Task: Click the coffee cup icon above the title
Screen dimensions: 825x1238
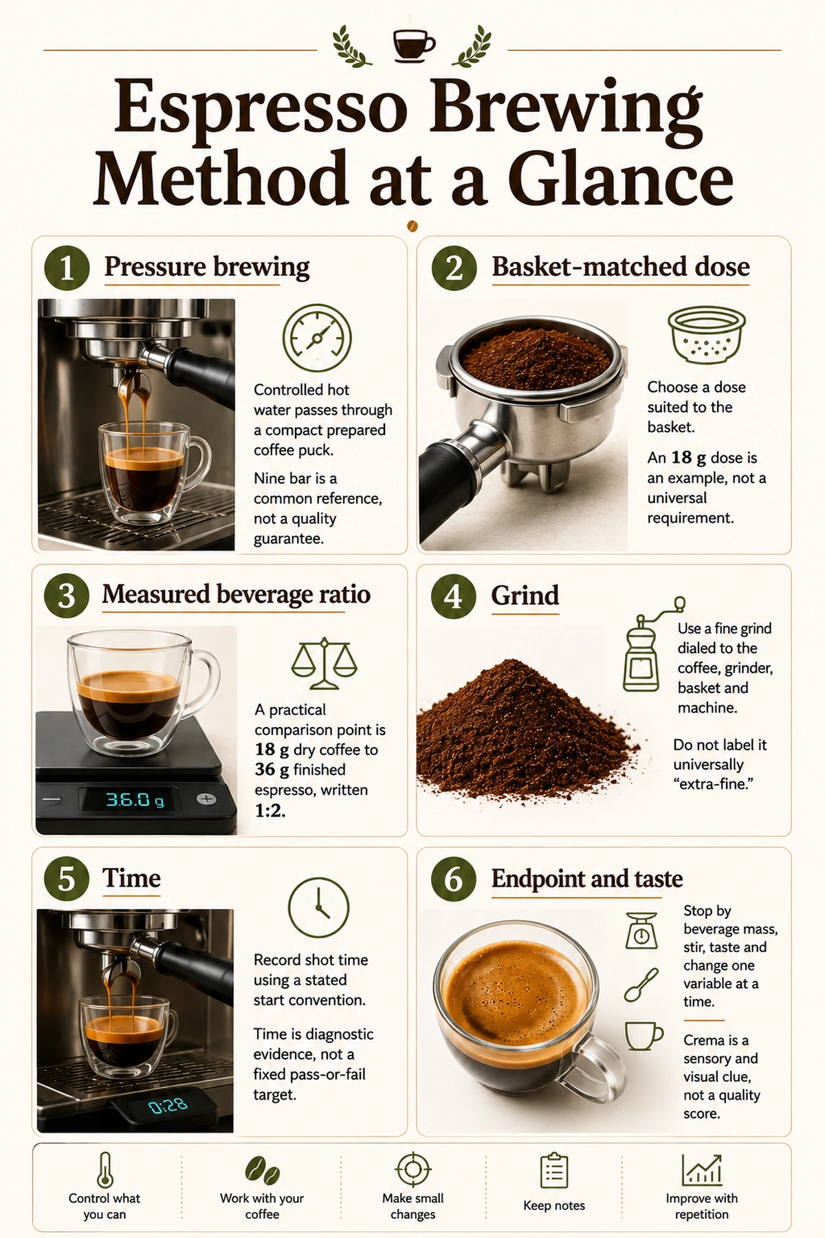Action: click(x=414, y=45)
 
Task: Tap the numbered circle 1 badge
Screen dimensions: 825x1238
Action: click(x=67, y=268)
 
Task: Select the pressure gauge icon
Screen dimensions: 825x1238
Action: click(x=317, y=338)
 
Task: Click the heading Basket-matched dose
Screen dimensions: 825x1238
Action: click(x=620, y=267)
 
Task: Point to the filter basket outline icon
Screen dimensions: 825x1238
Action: click(x=707, y=335)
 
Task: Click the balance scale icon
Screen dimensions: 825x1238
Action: click(x=324, y=663)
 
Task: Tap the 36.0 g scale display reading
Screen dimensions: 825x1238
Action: click(x=135, y=800)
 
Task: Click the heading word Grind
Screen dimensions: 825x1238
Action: click(x=525, y=595)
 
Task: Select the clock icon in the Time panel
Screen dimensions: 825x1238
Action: click(x=318, y=908)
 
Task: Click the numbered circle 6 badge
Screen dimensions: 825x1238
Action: click(x=454, y=879)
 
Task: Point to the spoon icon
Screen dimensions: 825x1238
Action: click(x=641, y=985)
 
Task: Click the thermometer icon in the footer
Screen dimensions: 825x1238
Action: click(x=104, y=1170)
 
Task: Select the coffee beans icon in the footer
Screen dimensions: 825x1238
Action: click(x=262, y=1169)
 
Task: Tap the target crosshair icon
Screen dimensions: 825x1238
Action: click(x=413, y=1169)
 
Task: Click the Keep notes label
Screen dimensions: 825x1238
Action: click(x=554, y=1206)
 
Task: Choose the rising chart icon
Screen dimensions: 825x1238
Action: click(x=702, y=1169)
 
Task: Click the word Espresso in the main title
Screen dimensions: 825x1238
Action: click(x=261, y=109)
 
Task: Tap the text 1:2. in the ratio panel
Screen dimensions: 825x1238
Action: click(x=270, y=811)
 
